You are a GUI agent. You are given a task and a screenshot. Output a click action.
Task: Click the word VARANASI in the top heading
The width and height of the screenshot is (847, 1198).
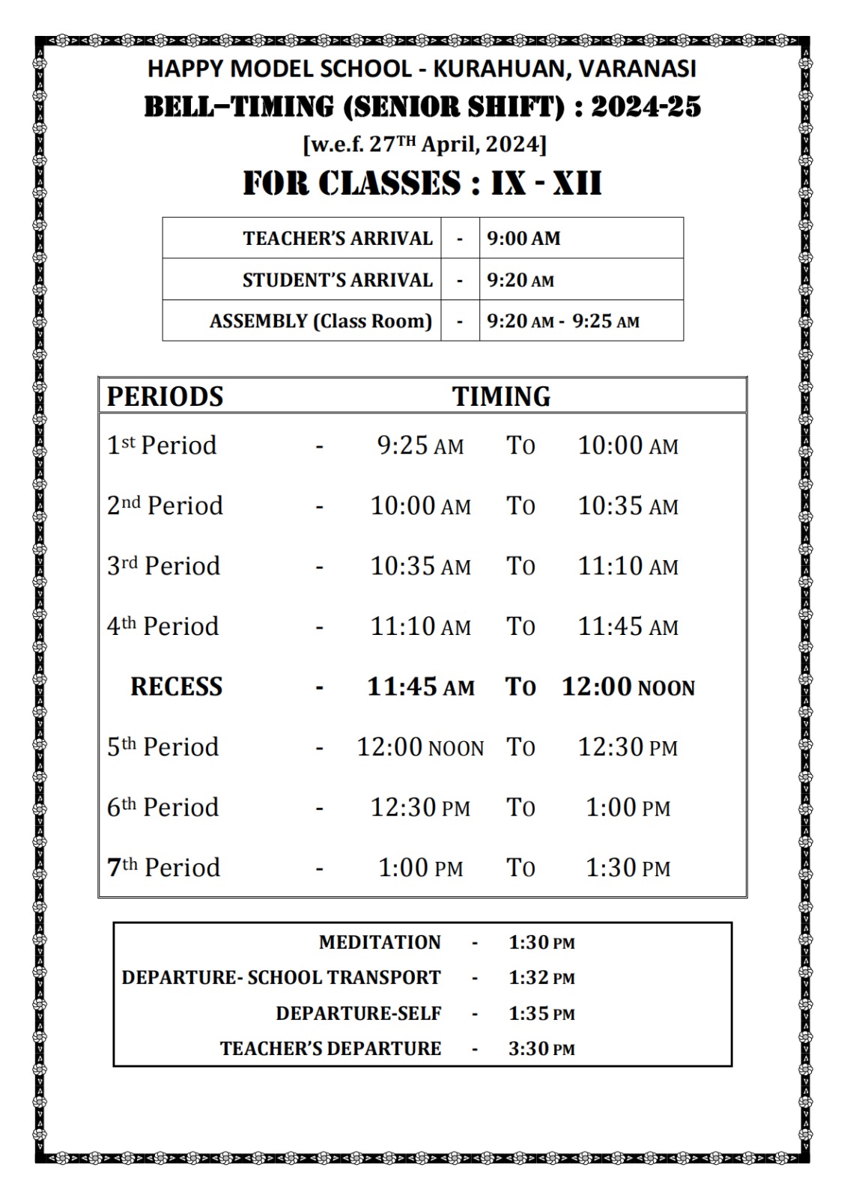coord(637,69)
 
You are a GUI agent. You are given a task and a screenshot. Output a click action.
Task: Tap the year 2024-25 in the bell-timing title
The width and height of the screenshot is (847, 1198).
coord(646,107)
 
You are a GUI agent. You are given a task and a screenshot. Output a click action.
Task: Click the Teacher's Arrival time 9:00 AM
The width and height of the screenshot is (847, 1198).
coord(523,239)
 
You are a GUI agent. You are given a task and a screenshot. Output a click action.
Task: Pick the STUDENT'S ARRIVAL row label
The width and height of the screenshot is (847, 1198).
coord(337,280)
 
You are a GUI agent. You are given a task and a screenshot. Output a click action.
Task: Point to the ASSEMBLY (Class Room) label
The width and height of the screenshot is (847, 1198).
coord(321,321)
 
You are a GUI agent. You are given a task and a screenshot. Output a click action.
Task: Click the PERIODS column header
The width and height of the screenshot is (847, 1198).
coord(165,396)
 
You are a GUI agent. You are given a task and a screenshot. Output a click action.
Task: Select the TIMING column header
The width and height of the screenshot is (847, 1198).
coord(501,396)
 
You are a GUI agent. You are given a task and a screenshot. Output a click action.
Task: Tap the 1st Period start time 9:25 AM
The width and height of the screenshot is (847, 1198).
coord(420,446)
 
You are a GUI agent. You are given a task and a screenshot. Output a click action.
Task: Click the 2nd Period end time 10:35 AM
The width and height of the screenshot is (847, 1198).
coord(628,506)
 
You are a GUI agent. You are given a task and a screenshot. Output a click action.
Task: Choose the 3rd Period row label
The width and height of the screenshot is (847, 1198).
coord(163,566)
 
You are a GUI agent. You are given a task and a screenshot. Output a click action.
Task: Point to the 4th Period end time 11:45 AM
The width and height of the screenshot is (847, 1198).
coord(628,627)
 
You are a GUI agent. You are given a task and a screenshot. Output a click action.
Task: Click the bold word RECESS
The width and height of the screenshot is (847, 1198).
coord(176,687)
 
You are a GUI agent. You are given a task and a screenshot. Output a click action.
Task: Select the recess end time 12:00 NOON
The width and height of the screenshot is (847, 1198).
coord(628,687)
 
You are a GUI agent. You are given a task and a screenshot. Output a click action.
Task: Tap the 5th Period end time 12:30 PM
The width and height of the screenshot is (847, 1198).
coord(628,747)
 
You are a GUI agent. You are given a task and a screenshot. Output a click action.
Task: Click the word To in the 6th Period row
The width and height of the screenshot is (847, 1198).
coord(520,807)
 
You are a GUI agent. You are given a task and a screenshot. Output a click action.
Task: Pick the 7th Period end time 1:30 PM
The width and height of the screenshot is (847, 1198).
coord(628,868)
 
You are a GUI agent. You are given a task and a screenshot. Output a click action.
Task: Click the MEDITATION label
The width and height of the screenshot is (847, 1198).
coord(380,942)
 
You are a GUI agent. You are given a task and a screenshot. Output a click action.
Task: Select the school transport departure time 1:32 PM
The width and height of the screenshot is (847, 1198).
coord(541,978)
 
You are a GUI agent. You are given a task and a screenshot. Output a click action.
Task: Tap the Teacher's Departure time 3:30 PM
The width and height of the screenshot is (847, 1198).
coord(541,1048)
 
